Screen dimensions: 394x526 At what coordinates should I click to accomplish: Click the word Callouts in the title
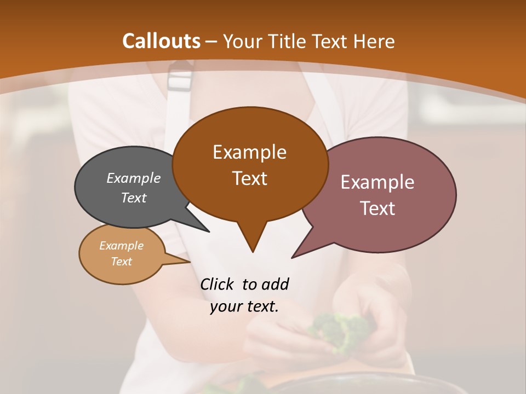coord(162,41)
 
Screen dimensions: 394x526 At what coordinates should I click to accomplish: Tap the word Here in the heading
coord(374,41)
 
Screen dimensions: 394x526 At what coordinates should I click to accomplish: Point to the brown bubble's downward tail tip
coord(253,251)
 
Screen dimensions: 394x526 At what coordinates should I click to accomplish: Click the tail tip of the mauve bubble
coord(293,257)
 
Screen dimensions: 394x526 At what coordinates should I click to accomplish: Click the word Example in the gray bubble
coord(134,178)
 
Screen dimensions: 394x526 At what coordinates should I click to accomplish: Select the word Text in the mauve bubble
coord(378,208)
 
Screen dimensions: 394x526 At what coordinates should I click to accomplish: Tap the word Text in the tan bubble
coord(121,262)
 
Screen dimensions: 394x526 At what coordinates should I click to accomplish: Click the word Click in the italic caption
coord(217,284)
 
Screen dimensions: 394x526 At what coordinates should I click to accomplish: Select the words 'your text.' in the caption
coord(244,306)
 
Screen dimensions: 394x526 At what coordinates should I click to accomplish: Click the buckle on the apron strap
coord(179,79)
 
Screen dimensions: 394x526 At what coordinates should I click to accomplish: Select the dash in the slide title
coord(212,42)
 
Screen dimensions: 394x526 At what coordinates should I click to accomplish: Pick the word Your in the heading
coord(240,41)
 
